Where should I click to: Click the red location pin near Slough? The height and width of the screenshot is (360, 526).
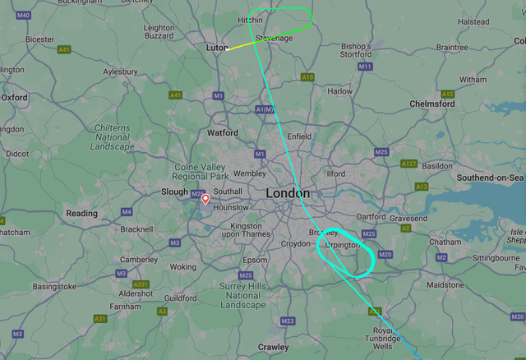[205, 198]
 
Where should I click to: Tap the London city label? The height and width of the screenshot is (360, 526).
[288, 193]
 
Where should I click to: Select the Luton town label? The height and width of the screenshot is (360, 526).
[217, 48]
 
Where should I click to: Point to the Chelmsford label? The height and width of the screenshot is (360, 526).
[431, 104]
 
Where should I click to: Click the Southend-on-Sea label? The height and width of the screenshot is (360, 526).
[491, 178]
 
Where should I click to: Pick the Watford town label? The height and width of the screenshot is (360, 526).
[222, 132]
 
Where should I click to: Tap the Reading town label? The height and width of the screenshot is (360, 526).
[81, 214]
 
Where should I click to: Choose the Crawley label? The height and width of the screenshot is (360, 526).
[273, 348]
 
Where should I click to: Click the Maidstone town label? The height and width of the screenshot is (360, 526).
[445, 285]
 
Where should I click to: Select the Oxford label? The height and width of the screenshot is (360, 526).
[14, 97]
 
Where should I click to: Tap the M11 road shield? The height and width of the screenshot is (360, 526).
[365, 67]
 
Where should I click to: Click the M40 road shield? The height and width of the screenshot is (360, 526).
[23, 16]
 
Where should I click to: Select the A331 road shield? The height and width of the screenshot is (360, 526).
[142, 284]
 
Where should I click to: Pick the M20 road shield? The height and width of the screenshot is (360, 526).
[385, 255]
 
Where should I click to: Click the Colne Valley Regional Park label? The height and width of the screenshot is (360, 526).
[201, 172]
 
